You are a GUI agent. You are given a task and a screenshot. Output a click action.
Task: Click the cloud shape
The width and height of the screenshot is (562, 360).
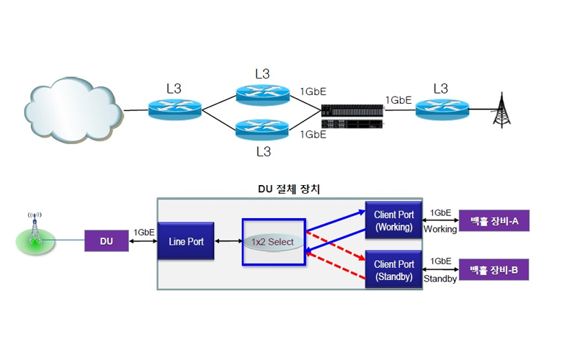(71, 111)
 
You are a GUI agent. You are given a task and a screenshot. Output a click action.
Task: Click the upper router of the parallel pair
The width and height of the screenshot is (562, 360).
(263, 94)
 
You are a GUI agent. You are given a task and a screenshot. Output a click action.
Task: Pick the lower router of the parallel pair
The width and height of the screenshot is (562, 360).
(263, 130)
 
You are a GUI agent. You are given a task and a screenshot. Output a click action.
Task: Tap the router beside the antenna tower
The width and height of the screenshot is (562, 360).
(442, 110)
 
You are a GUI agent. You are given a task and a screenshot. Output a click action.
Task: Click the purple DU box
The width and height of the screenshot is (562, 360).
(107, 241)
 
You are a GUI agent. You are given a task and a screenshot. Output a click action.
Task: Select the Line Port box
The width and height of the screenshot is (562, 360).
(186, 241)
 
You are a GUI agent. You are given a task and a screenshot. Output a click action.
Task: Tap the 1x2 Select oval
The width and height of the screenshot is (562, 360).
(273, 242)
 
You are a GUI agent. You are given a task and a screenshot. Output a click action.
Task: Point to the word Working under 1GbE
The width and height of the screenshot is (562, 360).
(440, 229)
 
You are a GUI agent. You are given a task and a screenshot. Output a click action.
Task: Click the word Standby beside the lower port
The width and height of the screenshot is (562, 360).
(440, 279)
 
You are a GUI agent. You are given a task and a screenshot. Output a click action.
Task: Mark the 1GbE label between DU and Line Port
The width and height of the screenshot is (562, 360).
(144, 233)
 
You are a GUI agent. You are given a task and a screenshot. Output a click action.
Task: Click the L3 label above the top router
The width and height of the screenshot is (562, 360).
(263, 74)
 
